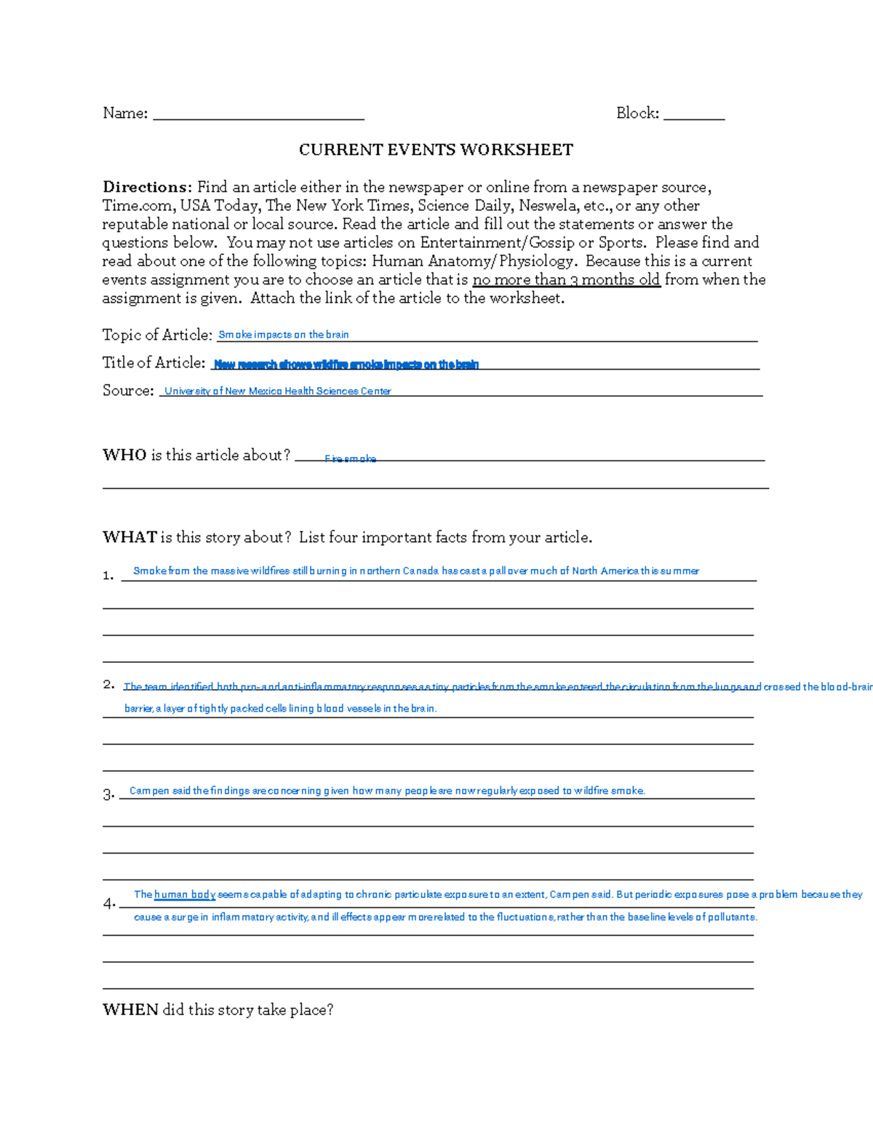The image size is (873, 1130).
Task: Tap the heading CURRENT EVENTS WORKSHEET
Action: (x=436, y=150)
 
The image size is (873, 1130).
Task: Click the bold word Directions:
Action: (x=147, y=187)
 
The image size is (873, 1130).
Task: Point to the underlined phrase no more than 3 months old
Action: (x=566, y=280)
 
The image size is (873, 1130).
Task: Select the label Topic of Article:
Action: (x=157, y=335)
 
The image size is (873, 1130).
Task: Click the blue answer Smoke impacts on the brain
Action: (x=283, y=335)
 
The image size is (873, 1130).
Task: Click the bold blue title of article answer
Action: (x=346, y=365)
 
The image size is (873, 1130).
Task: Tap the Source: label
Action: (x=128, y=391)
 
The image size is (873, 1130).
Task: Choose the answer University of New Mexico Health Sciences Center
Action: (x=277, y=391)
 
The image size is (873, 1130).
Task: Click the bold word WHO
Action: (x=124, y=455)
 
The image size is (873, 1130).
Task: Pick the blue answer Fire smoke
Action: (x=350, y=459)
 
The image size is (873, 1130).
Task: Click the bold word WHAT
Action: (x=129, y=538)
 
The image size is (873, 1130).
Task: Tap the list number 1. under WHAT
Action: (x=108, y=576)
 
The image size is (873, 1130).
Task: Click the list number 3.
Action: (x=108, y=795)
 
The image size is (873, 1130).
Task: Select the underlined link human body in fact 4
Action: (x=185, y=894)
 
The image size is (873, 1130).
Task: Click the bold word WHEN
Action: (x=130, y=1010)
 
